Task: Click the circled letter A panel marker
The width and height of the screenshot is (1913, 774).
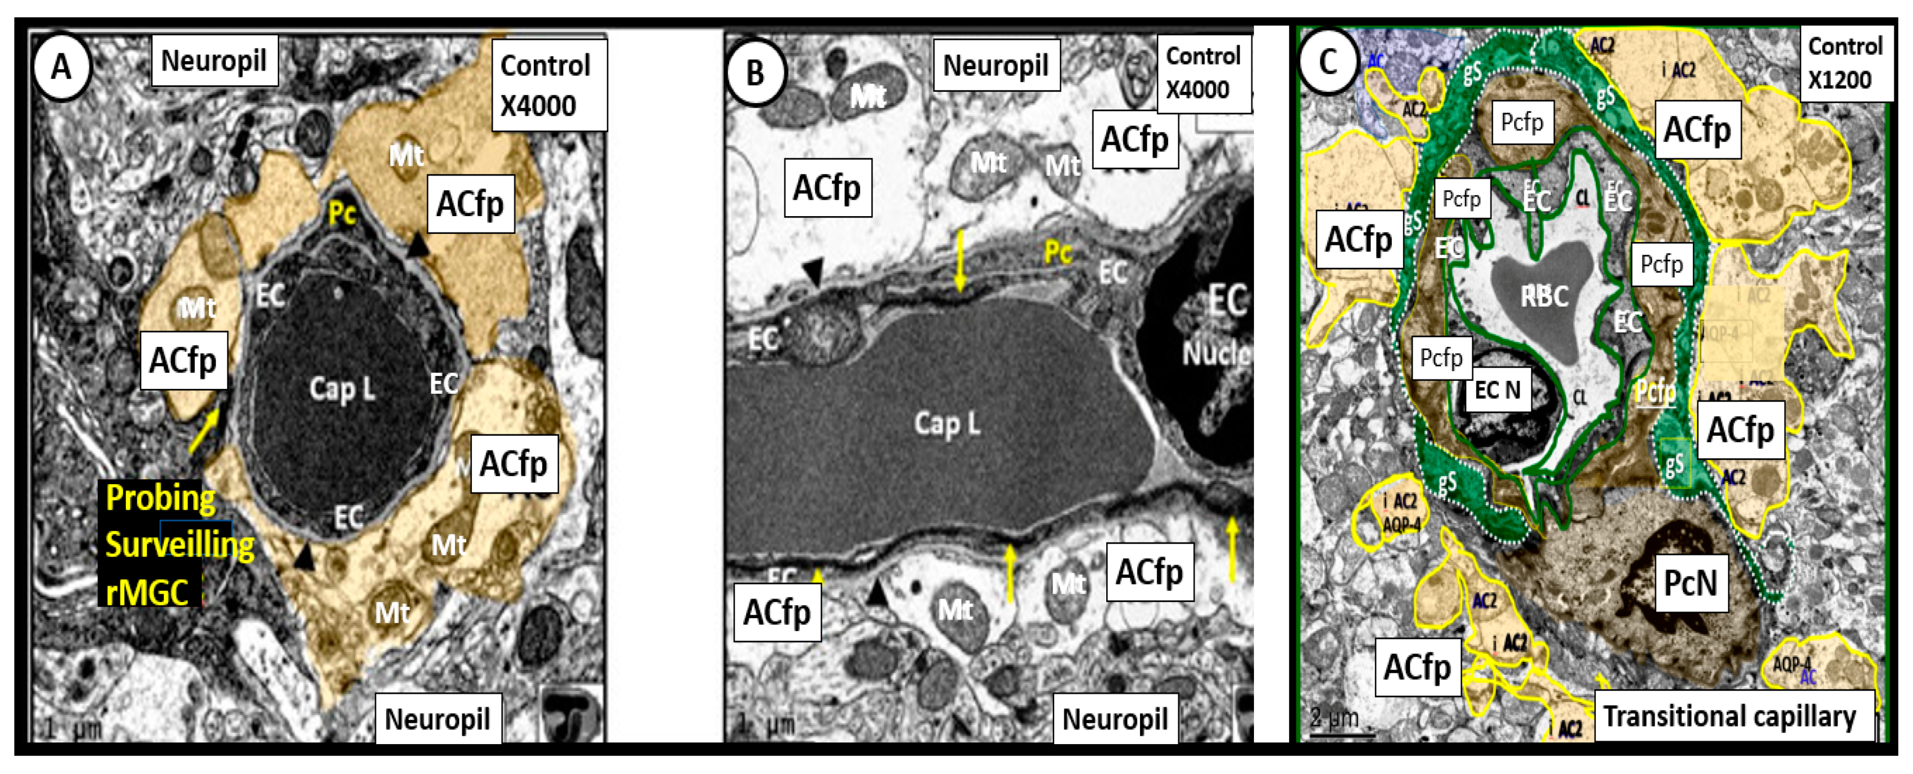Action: pos(62,67)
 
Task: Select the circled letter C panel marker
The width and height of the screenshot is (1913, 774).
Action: pos(1327,62)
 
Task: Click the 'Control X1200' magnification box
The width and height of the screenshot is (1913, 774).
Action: pos(1845,63)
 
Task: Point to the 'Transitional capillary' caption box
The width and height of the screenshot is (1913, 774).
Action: pos(1730,716)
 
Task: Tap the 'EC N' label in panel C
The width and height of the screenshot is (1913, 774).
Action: pos(1497,390)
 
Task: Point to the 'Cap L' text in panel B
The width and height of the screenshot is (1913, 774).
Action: pos(947,424)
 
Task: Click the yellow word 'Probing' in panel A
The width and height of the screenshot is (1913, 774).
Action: pos(160,498)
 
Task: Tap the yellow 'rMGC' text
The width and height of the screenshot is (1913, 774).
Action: pos(147,593)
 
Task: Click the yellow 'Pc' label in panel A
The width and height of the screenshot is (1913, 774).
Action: pos(342,214)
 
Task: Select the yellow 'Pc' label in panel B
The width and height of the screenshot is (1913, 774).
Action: pos(1058,253)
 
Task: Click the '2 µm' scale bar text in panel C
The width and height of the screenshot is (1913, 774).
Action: pos(1334,718)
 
